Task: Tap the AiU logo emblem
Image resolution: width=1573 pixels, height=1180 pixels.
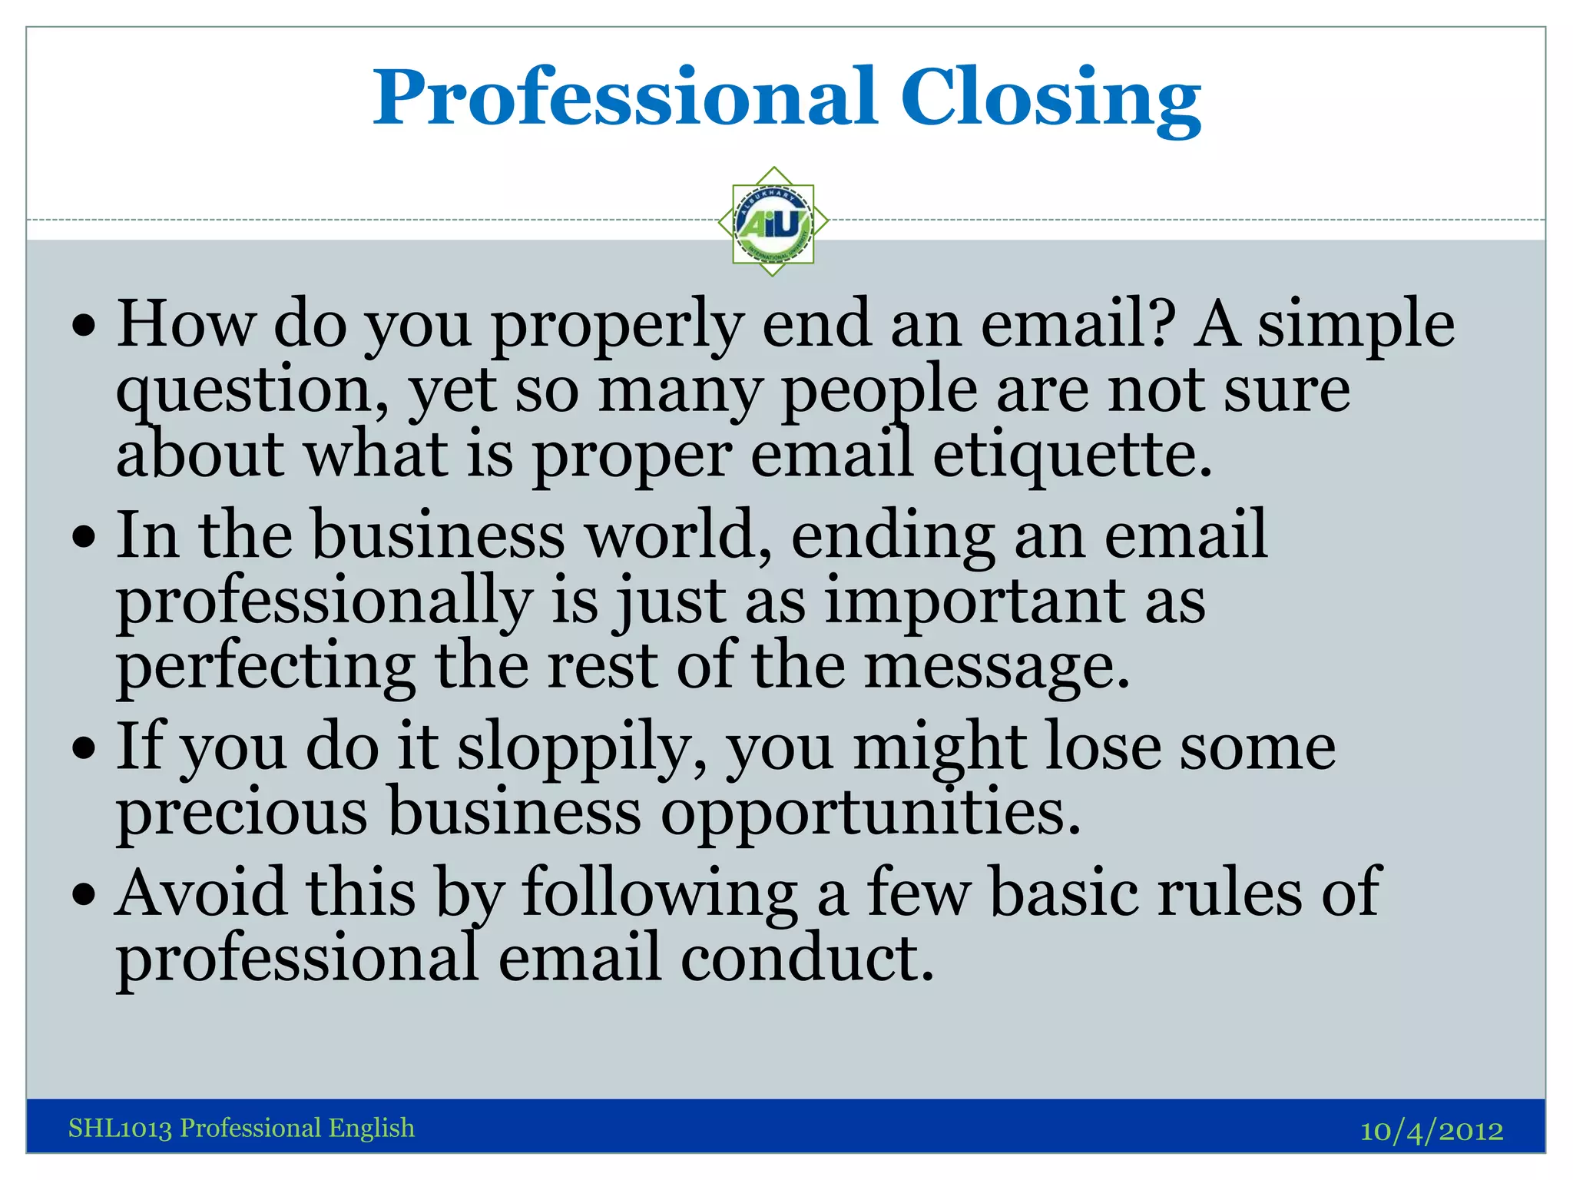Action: [773, 222]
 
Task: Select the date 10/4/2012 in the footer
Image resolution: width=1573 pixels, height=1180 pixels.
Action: [1431, 1130]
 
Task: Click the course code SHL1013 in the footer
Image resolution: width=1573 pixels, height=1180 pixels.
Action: [120, 1128]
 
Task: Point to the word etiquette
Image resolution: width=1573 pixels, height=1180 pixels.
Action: [1072, 455]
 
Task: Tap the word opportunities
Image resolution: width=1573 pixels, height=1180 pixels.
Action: [871, 812]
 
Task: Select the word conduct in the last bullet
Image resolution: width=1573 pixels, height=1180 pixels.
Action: [807, 958]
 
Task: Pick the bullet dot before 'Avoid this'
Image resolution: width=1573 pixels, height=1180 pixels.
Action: [84, 894]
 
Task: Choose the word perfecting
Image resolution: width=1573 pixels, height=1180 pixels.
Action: [266, 667]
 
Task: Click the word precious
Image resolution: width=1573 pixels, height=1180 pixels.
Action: [242, 812]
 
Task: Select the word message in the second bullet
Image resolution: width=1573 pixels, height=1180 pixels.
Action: [997, 667]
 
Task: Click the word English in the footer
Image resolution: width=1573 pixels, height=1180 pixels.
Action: [372, 1128]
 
